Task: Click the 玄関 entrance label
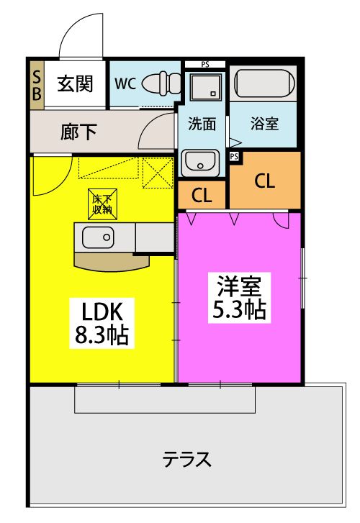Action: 75,84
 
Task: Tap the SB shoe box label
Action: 37,84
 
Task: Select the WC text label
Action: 125,83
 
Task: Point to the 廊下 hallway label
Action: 78,132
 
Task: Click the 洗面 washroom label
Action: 202,124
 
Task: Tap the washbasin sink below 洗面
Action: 201,163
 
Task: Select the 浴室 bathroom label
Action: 264,124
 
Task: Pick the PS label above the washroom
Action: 205,65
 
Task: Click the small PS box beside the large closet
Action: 234,155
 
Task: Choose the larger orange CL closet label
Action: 264,181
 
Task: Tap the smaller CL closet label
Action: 202,194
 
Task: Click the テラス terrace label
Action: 186,458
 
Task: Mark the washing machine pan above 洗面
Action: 202,88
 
